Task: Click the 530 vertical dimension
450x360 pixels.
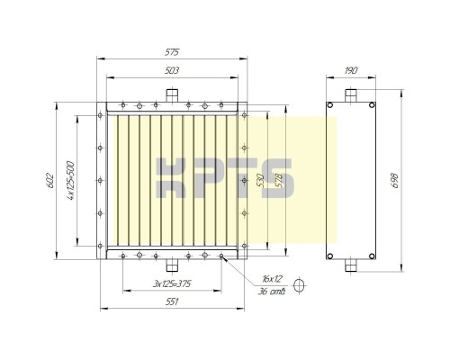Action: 260,179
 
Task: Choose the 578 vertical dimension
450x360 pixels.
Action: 279,179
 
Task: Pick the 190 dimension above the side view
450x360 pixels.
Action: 350,70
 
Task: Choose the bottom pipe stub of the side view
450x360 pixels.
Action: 350,265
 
